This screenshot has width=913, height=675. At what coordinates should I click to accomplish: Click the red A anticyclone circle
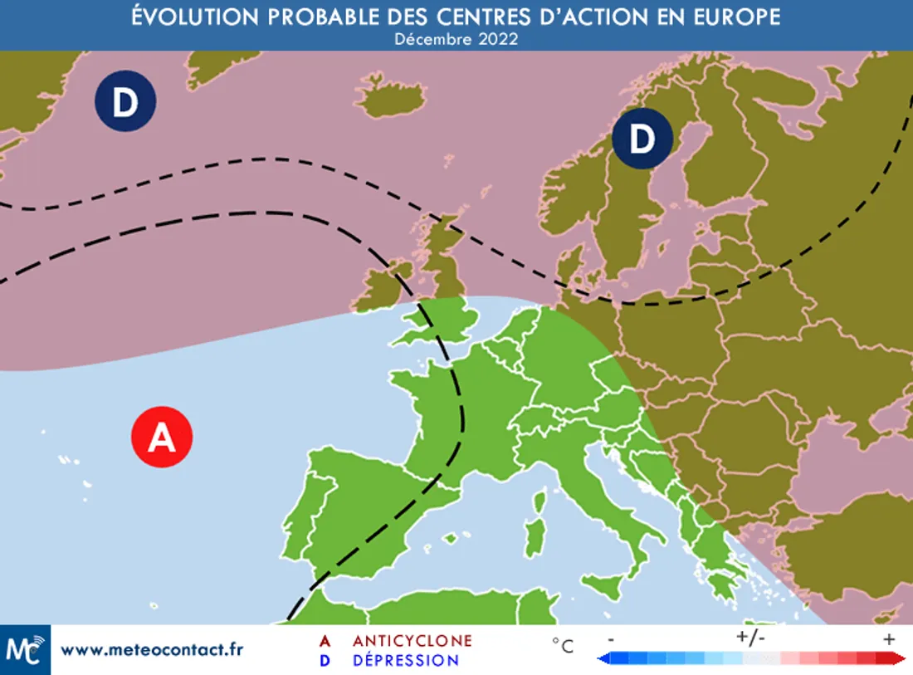[x=162, y=437]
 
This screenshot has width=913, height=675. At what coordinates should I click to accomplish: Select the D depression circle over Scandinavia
[x=642, y=139]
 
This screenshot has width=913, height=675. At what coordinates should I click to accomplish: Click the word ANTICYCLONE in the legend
[x=413, y=641]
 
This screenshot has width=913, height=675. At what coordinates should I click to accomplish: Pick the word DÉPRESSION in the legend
[x=406, y=661]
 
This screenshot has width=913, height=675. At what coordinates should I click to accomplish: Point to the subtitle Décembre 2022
[x=456, y=39]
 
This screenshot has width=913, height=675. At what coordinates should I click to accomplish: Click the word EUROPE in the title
[x=730, y=17]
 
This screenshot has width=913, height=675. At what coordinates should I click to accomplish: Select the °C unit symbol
[x=563, y=646]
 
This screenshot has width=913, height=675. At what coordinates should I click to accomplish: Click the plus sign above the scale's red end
[x=889, y=638]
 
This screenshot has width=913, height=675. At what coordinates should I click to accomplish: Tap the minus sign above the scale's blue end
[x=611, y=638]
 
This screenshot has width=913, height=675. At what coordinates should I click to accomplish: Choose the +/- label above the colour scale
[x=750, y=638]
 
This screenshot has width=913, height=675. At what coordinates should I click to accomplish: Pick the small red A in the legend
[x=325, y=641]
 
